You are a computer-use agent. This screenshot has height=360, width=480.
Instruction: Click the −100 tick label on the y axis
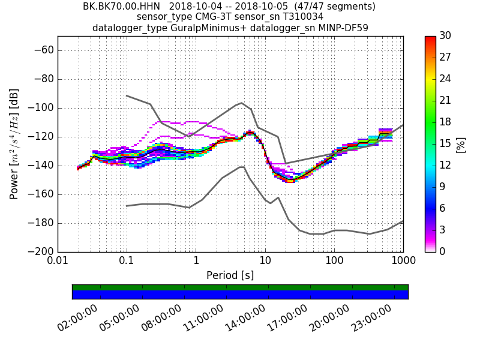40,108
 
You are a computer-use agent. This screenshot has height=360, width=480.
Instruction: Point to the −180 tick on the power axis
40,223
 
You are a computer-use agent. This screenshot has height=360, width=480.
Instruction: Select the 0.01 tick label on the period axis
58,262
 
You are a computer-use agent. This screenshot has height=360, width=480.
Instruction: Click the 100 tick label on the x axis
334,262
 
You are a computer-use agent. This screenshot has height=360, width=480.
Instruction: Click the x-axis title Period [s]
230,275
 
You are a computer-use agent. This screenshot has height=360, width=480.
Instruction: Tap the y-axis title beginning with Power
15,144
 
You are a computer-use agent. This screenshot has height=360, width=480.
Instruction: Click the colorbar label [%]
460,144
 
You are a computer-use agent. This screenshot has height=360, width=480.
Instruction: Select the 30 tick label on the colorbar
446,36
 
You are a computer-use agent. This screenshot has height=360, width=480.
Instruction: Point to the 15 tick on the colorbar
446,144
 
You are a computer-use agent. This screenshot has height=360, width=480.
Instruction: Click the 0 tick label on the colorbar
443,251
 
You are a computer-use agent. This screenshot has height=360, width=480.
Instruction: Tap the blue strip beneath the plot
240,295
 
